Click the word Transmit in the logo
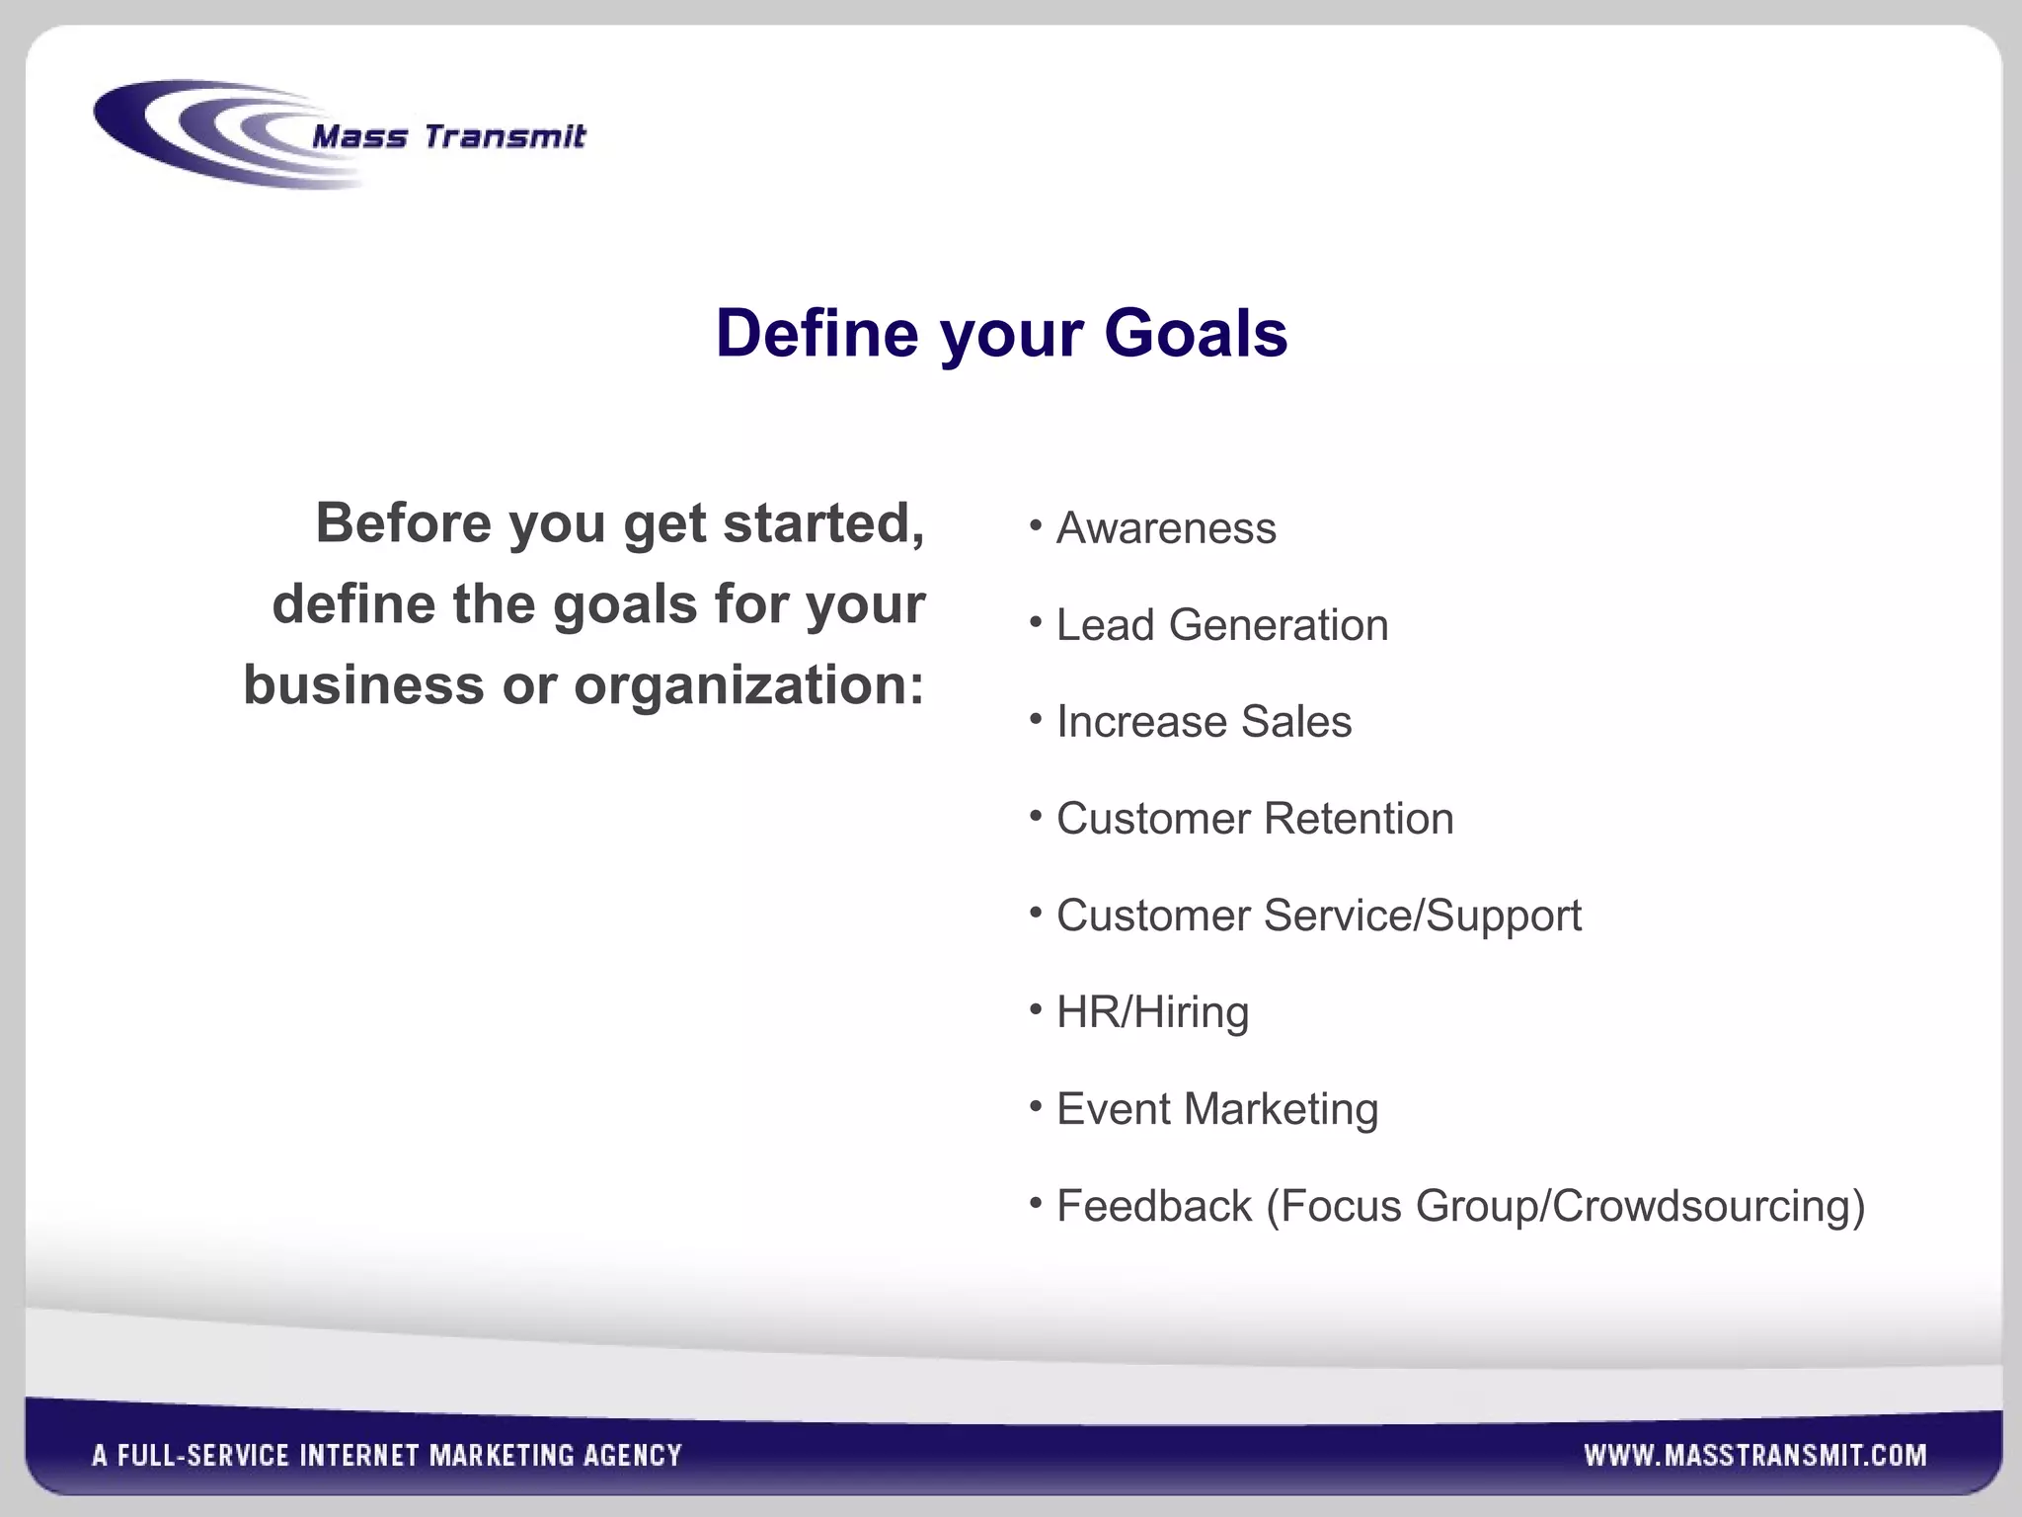pos(505,136)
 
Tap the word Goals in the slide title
pos(1196,333)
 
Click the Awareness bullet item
pos(1165,528)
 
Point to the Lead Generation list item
pos(1221,625)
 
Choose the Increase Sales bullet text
pos(1204,722)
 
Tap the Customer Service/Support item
pos(1318,916)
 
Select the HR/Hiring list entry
pos(1152,1012)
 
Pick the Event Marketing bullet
pos(1216,1109)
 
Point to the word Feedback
pos(1153,1206)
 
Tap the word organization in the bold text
pos(738,684)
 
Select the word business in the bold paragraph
pos(363,684)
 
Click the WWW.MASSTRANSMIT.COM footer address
pos(1754,1455)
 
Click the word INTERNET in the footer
pos(360,1455)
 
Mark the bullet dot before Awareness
pos(1036,526)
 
